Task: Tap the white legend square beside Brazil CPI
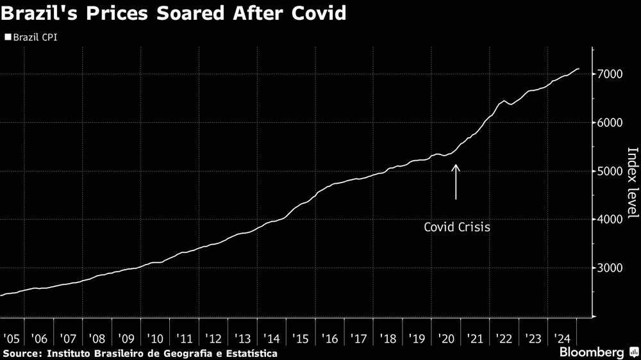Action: click(8, 38)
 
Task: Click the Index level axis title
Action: click(632, 183)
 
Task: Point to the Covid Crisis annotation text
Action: click(457, 227)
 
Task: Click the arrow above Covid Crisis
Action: click(456, 182)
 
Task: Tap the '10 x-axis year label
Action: click(156, 338)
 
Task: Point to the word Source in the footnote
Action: click(21, 353)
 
